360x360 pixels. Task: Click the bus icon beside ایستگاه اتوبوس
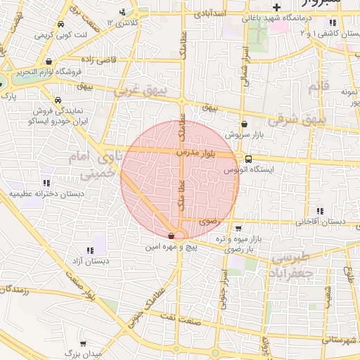(x=248, y=158)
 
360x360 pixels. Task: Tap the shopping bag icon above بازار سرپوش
(x=244, y=123)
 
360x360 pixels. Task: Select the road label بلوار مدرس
(x=198, y=152)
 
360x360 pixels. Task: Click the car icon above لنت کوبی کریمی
(x=62, y=25)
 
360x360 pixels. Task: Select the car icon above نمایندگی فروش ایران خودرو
(x=56, y=101)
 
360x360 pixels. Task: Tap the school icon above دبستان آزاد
(x=90, y=250)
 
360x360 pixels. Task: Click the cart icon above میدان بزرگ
(x=84, y=344)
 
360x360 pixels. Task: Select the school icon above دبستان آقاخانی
(x=321, y=210)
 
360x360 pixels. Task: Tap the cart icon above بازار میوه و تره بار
(x=239, y=228)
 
